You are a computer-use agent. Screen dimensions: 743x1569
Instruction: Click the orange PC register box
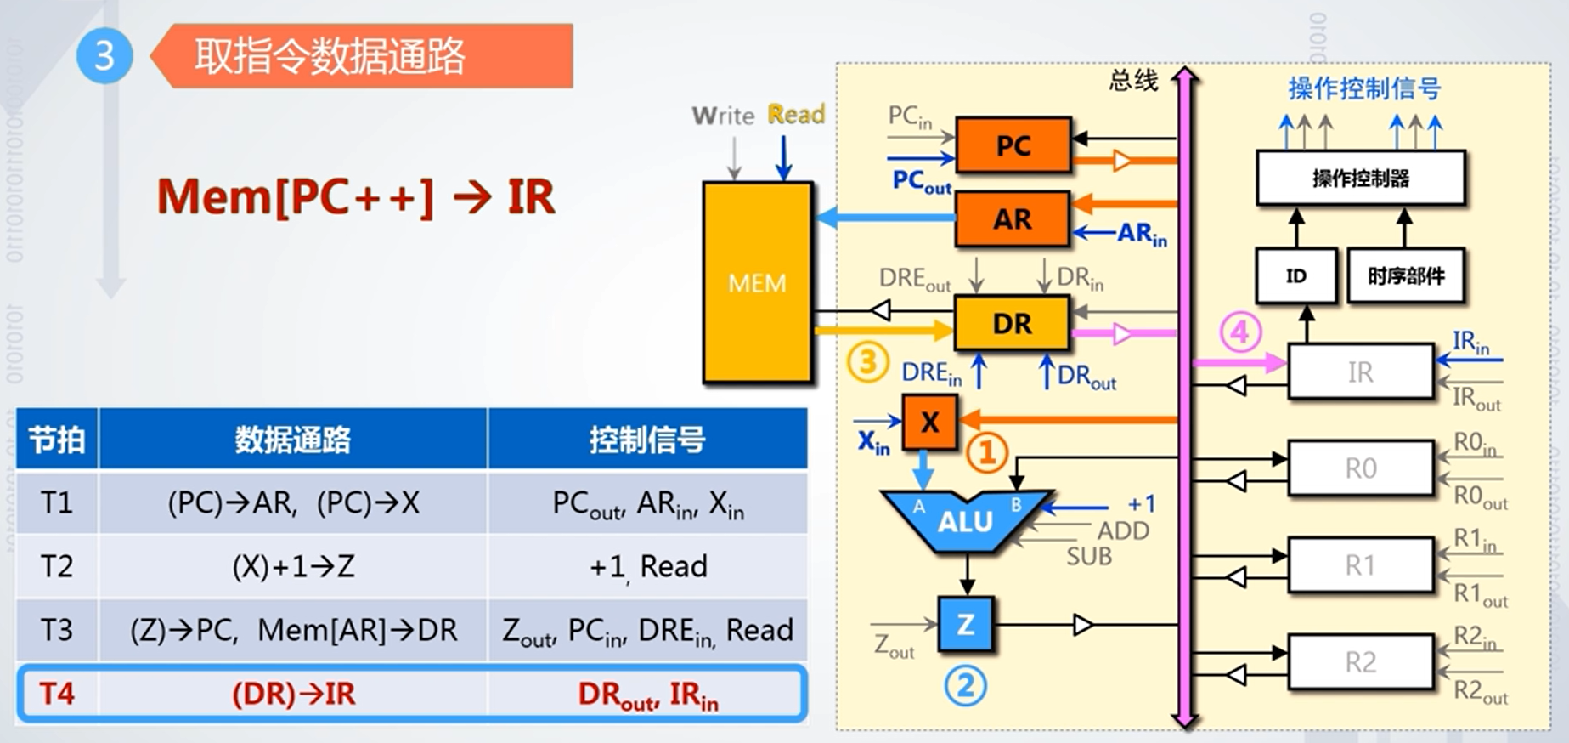pyautogui.click(x=1013, y=145)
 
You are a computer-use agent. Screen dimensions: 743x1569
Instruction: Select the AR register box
pyautogui.click(x=1012, y=219)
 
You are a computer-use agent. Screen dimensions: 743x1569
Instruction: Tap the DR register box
pyautogui.click(x=1012, y=323)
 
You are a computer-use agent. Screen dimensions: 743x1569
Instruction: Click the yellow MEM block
pyautogui.click(x=757, y=282)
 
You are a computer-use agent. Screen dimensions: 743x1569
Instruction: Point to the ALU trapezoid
pyautogui.click(x=966, y=521)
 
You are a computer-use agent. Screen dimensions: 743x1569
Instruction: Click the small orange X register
pyautogui.click(x=929, y=422)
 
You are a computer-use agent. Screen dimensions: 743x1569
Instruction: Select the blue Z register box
pyautogui.click(x=966, y=625)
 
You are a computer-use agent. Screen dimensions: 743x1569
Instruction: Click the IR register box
pyautogui.click(x=1360, y=371)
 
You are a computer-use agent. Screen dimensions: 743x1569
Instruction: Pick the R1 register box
pyautogui.click(x=1360, y=564)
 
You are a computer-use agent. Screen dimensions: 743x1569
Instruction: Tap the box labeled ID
pyautogui.click(x=1295, y=275)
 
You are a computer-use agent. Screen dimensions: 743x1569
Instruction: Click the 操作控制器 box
pyautogui.click(x=1360, y=178)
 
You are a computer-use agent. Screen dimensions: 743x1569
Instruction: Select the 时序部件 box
pyautogui.click(x=1406, y=275)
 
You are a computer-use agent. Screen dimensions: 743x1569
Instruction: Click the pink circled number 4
pyautogui.click(x=1240, y=332)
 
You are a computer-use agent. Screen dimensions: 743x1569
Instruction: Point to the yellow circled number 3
pyautogui.click(x=867, y=362)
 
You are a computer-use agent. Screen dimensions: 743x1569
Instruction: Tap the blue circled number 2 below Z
pyautogui.click(x=966, y=685)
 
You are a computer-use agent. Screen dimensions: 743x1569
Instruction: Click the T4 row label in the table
pyautogui.click(x=57, y=694)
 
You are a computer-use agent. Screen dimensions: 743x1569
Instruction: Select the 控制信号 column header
pyautogui.click(x=647, y=440)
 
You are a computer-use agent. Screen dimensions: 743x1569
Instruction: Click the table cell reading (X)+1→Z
pyautogui.click(x=293, y=566)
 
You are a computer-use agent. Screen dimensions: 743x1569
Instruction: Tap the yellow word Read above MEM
pyautogui.click(x=796, y=114)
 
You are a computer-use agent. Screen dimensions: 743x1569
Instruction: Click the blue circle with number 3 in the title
pyautogui.click(x=104, y=56)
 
